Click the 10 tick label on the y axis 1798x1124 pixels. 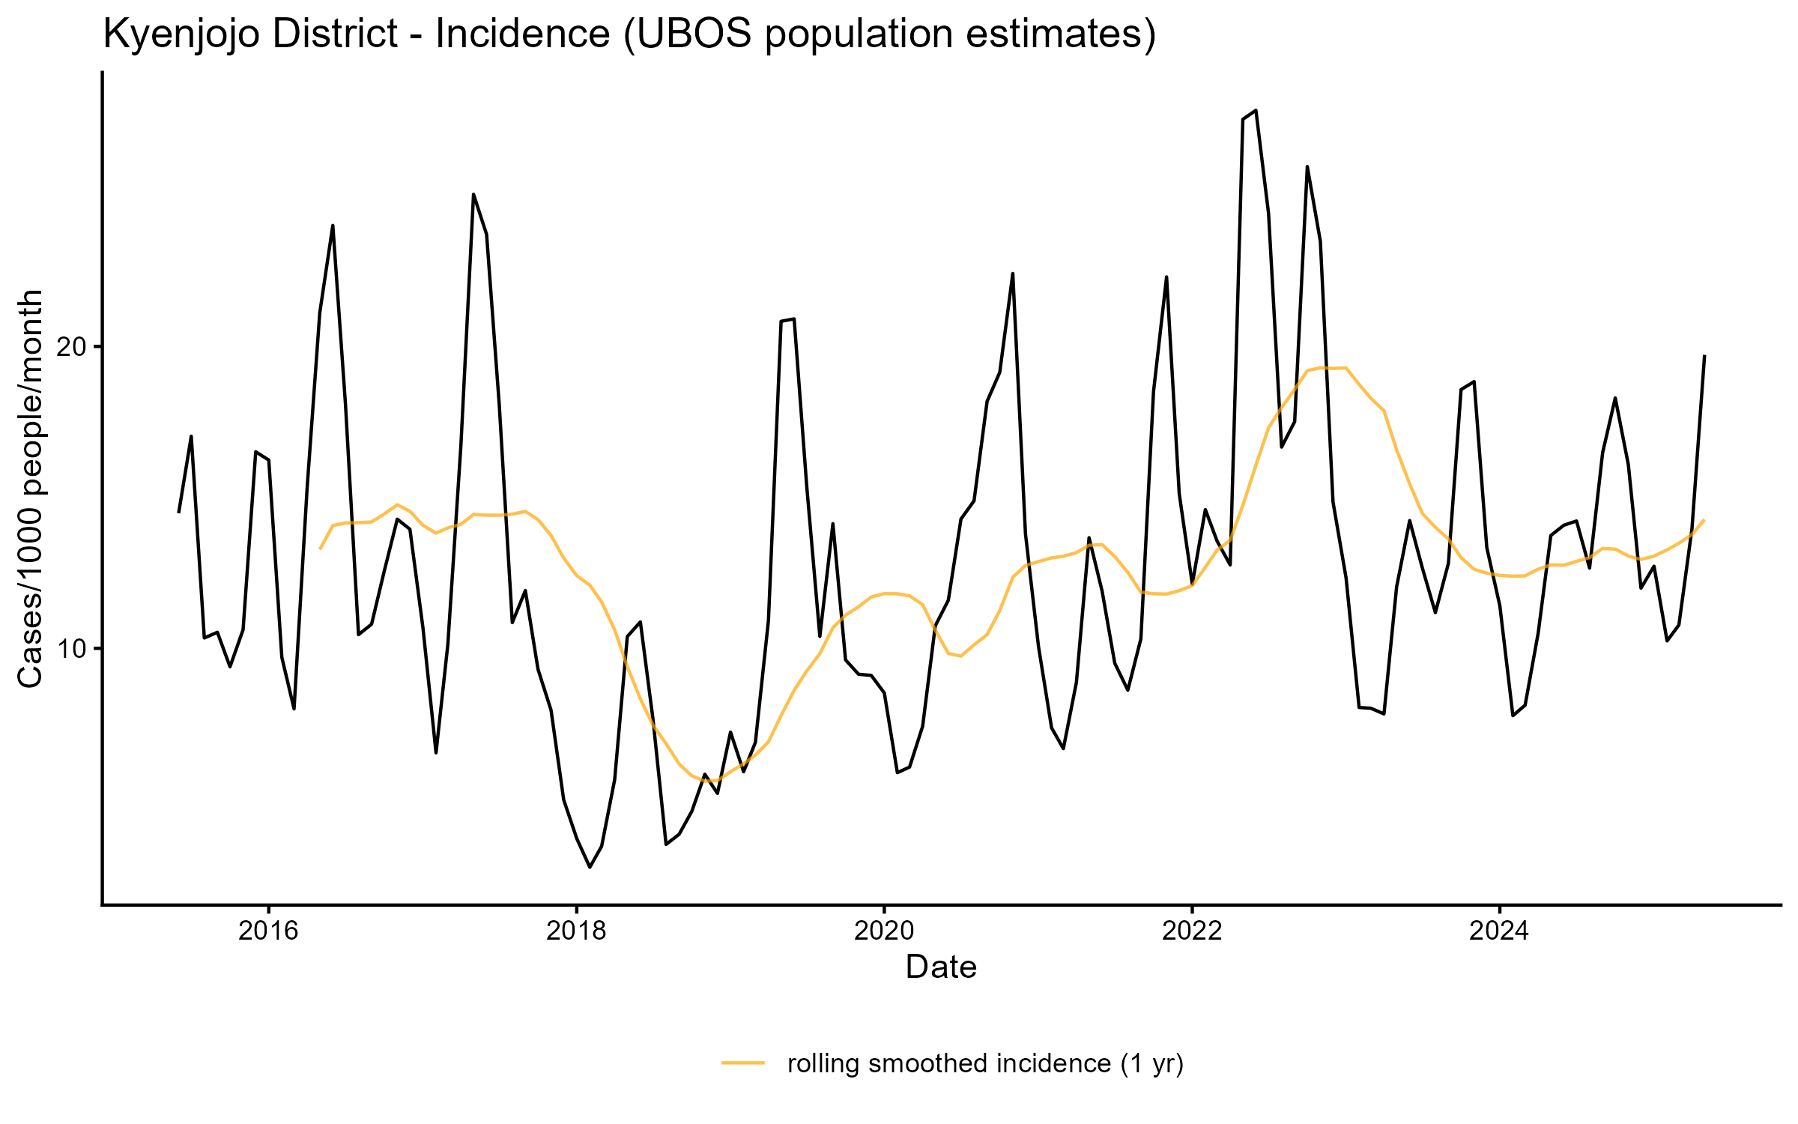73,649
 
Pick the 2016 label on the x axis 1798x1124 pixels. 268,931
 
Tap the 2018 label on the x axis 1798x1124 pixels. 576,931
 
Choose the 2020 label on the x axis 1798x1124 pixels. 884,931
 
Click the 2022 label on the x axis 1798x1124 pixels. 1191,931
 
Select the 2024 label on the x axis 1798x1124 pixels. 1499,931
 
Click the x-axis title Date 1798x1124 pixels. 941,967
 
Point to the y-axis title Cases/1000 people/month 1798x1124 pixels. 31,489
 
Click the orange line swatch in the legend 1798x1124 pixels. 743,1063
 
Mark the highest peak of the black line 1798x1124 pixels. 1256,111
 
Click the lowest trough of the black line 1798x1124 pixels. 590,867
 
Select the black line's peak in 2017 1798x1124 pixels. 473,195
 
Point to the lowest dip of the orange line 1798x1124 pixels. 710,781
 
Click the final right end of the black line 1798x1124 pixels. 1704,356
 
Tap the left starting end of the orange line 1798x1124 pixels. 320,549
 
